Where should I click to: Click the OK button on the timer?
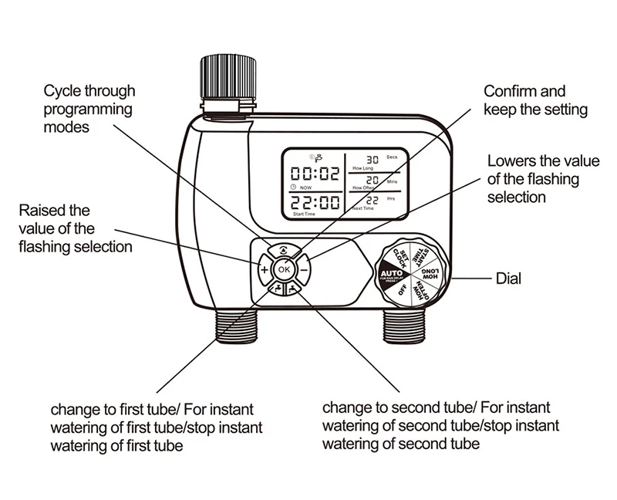point(285,270)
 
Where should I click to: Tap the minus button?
point(304,270)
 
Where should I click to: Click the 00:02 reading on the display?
point(314,174)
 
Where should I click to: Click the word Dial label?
point(507,277)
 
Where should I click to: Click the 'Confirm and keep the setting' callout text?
point(535,100)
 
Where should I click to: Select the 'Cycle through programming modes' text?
point(88,109)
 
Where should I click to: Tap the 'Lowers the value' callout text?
point(543,179)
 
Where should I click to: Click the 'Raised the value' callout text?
point(75,228)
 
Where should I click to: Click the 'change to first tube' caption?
point(157,427)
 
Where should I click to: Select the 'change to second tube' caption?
point(440,425)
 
